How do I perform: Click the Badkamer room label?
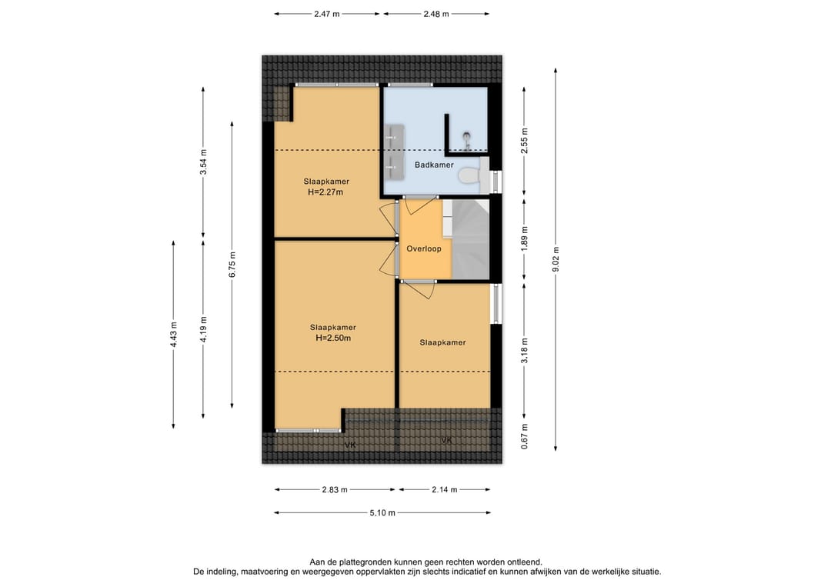pyautogui.click(x=434, y=165)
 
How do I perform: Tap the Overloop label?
pyautogui.click(x=423, y=248)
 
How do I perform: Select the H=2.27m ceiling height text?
pyautogui.click(x=325, y=192)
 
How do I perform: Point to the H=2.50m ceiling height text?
pyautogui.click(x=333, y=338)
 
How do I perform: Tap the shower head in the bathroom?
pyautogui.click(x=467, y=137)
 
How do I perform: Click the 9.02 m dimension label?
pyautogui.click(x=556, y=259)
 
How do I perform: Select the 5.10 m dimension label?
pyautogui.click(x=382, y=513)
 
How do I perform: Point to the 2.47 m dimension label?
pyautogui.click(x=326, y=15)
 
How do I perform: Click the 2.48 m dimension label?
pyautogui.click(x=436, y=15)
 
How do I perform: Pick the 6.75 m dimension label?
pyautogui.click(x=232, y=265)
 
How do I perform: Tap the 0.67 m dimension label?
pyautogui.click(x=524, y=436)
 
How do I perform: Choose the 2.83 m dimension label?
pyautogui.click(x=335, y=489)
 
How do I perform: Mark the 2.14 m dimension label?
pyautogui.click(x=444, y=489)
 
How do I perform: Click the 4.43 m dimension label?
pyautogui.click(x=173, y=335)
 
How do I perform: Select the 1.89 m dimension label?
pyautogui.click(x=524, y=239)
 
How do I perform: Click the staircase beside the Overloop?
pyautogui.click(x=471, y=239)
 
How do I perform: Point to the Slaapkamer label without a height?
pyautogui.click(x=442, y=342)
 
